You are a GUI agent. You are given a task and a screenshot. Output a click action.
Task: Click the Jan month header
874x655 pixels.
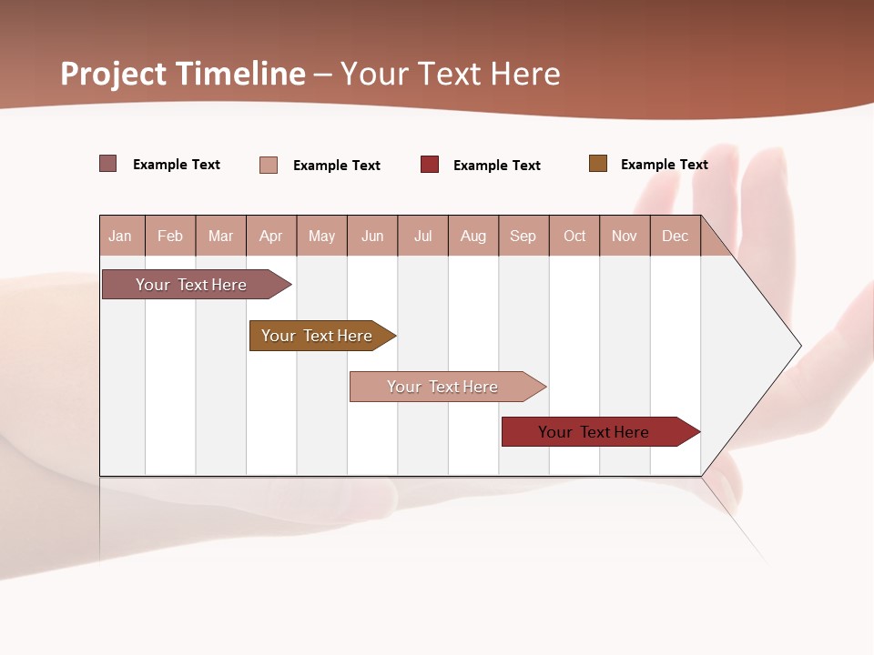[121, 236]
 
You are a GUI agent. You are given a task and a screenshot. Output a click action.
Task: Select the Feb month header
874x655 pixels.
[170, 236]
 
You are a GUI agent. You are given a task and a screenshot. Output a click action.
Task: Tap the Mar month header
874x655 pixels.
[220, 236]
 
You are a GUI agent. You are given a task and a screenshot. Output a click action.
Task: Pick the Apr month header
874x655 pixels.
[271, 236]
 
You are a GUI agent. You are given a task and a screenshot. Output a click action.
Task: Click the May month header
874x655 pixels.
[321, 236]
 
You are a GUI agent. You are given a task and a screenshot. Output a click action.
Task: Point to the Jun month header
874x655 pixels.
[372, 236]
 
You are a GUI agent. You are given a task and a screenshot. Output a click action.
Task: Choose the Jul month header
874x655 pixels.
[422, 236]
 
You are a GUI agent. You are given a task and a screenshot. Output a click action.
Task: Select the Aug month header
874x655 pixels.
[473, 236]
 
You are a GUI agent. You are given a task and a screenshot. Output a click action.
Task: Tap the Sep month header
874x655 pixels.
[523, 236]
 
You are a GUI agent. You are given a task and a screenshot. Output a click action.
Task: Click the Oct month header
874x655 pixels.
[574, 236]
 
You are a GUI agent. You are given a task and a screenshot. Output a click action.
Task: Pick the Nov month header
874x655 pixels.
[625, 236]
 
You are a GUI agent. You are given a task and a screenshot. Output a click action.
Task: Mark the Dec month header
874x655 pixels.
[676, 236]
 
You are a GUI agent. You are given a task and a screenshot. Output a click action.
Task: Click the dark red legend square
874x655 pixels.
[430, 165]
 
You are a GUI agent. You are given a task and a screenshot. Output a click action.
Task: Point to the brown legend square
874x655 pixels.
[598, 164]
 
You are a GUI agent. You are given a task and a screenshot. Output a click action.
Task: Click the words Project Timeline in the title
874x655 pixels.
[183, 74]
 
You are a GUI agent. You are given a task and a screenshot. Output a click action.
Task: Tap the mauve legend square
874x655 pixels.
[108, 164]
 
